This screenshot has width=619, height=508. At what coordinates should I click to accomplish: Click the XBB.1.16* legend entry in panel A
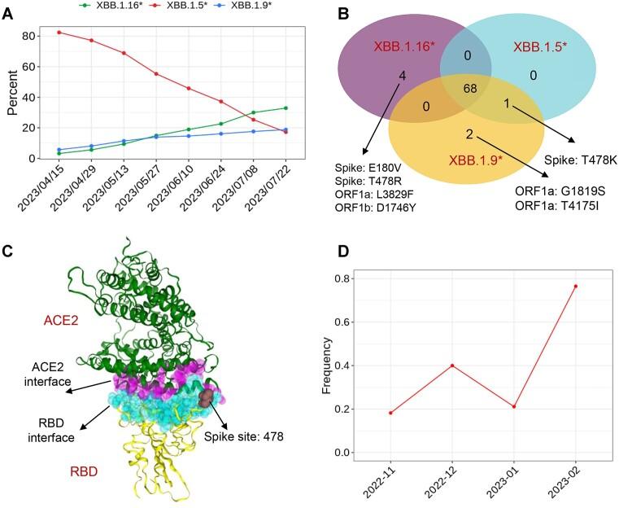[x=113, y=7]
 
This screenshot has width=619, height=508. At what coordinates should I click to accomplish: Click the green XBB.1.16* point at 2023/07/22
[x=286, y=107]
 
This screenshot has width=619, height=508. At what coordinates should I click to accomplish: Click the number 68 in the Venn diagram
[x=470, y=87]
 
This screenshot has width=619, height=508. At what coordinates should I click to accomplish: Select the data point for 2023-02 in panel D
[x=576, y=286]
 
